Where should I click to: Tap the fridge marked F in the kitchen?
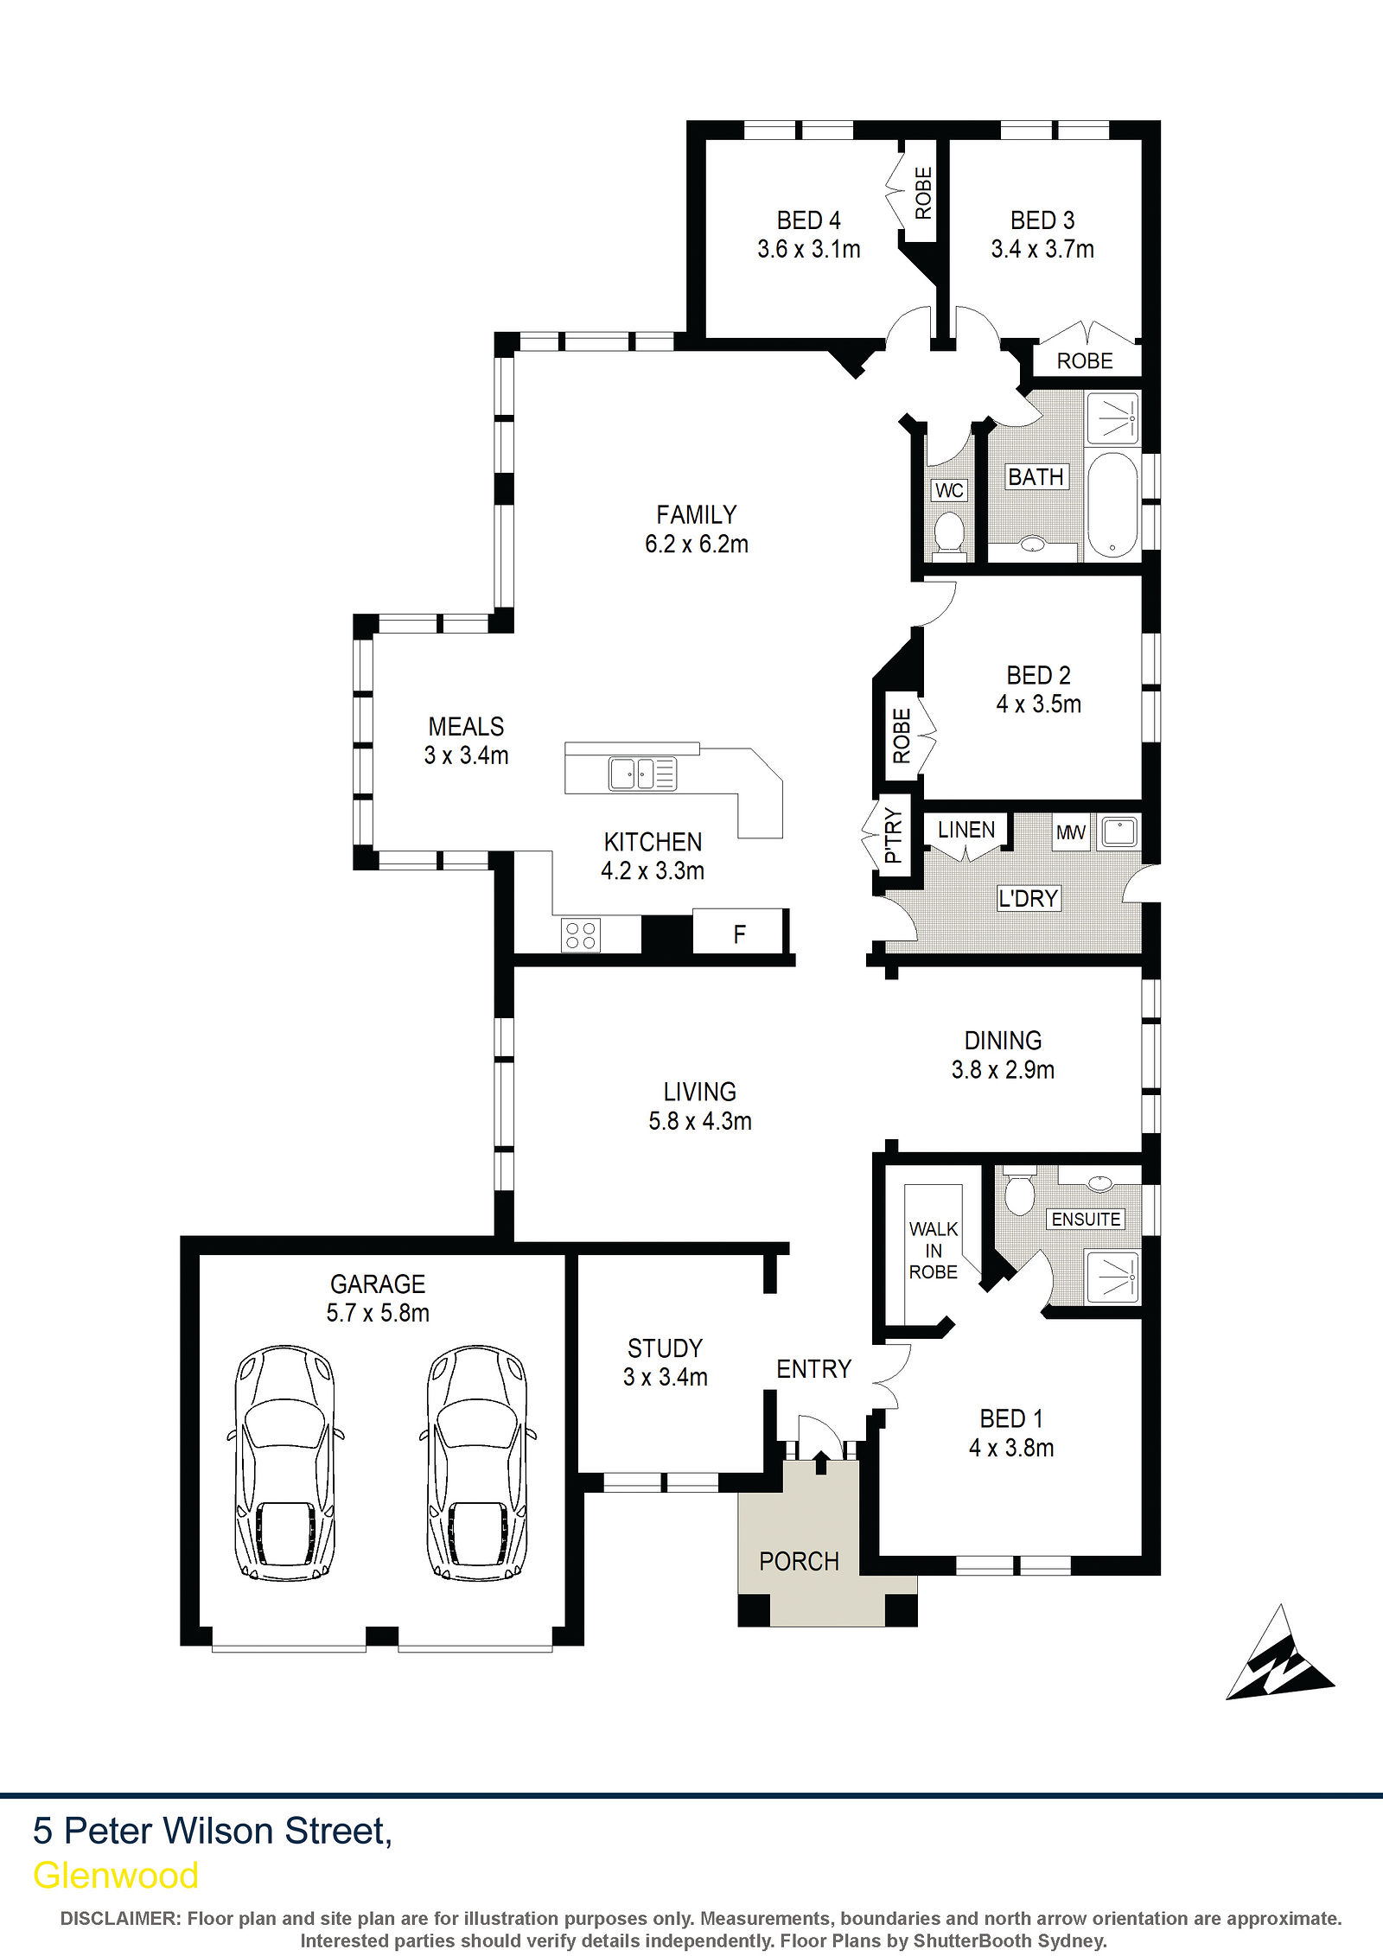pyautogui.click(x=739, y=933)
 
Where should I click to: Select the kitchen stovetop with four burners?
pyautogui.click(x=581, y=935)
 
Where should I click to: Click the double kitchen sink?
pyautogui.click(x=642, y=773)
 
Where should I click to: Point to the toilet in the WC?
pyautogui.click(x=949, y=532)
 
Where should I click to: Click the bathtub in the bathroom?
pyautogui.click(x=1112, y=505)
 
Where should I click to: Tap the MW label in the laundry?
pyautogui.click(x=1071, y=832)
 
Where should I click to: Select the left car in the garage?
pyautogui.click(x=285, y=1462)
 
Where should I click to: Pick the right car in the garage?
pyautogui.click(x=477, y=1462)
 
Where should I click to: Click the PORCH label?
pyautogui.click(x=799, y=1561)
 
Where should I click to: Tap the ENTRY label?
pyautogui.click(x=813, y=1369)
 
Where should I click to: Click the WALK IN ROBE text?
pyautogui.click(x=934, y=1251)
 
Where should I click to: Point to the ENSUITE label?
pyautogui.click(x=1086, y=1219)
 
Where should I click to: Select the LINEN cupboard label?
pyautogui.click(x=966, y=830)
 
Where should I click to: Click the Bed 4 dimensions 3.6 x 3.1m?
pyautogui.click(x=809, y=249)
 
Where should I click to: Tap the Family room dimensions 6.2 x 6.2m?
pyautogui.click(x=697, y=544)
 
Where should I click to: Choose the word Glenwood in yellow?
pyautogui.click(x=116, y=1876)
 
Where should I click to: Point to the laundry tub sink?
pyautogui.click(x=1119, y=832)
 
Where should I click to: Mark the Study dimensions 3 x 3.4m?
pyautogui.click(x=665, y=1377)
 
